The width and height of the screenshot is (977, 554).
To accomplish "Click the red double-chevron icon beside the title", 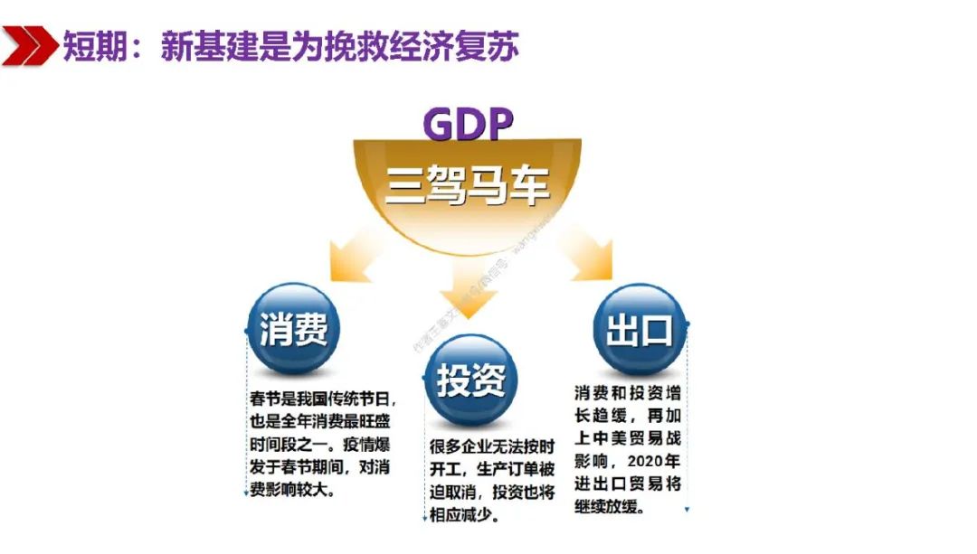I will click(29, 45).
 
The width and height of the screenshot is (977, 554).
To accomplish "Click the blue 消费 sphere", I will click(293, 331).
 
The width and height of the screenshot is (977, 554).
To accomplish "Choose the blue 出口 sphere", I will click(639, 331).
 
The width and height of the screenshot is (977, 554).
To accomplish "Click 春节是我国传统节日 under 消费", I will click(320, 399).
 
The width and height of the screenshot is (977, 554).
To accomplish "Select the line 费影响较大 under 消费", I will click(290, 493).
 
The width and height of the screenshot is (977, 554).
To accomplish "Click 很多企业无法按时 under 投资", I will click(492, 449).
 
